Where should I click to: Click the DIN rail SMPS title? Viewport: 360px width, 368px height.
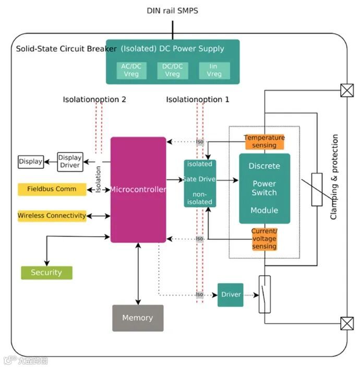point(173,10)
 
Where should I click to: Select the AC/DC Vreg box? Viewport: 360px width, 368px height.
point(131,70)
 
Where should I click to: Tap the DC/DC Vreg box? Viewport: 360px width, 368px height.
point(172,70)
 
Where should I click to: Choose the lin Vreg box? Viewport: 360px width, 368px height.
point(214,70)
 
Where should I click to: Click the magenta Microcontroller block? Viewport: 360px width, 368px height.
point(138,190)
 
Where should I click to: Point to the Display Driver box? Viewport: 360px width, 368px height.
point(70,162)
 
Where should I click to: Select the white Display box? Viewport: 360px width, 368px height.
point(31,162)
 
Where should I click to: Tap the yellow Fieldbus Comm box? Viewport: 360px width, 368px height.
point(52,189)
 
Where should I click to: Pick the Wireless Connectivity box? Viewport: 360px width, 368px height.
point(52,216)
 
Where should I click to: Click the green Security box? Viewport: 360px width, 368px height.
point(46,273)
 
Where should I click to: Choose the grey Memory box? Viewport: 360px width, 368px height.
point(138,318)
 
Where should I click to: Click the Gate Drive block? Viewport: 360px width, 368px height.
point(200,183)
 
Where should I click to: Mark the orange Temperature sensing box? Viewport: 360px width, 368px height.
point(264,141)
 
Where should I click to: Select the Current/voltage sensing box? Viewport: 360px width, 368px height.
point(264,239)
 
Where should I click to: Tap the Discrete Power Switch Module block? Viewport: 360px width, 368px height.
point(264,188)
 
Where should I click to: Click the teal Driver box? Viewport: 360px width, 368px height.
point(231,295)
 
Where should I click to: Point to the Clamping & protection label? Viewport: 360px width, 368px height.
point(334,177)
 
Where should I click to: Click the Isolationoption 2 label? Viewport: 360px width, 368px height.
point(94,100)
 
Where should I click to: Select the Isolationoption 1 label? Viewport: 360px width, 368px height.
point(198,100)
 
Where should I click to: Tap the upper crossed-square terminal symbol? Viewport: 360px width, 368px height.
point(346,90)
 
